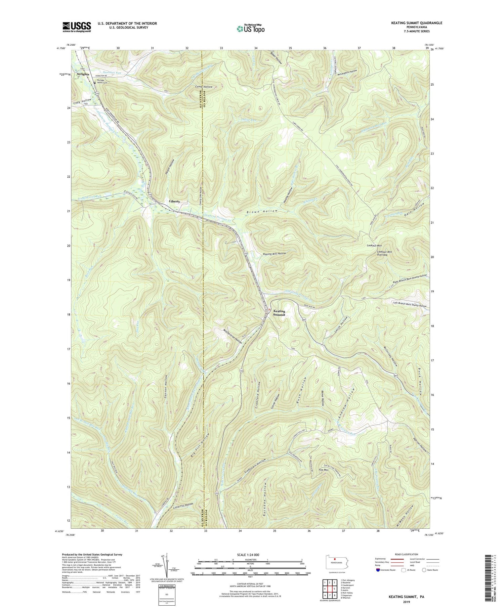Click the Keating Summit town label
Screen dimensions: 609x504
(x=279, y=313)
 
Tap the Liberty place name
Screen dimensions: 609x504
(x=174, y=201)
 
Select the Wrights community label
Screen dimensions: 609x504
(x=83, y=74)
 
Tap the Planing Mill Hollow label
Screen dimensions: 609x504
(x=274, y=254)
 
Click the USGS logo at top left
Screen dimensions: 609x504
(x=77, y=27)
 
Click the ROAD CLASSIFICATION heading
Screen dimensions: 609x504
(x=406, y=554)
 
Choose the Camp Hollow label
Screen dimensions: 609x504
(x=204, y=87)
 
